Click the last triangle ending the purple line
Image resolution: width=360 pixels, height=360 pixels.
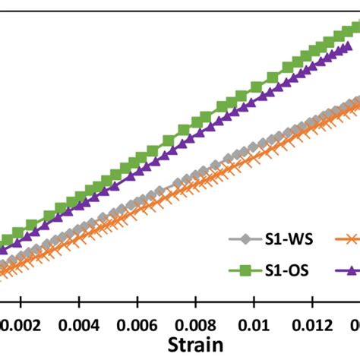tap(349, 47)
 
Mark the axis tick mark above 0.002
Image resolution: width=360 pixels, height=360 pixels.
tap(21, 302)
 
